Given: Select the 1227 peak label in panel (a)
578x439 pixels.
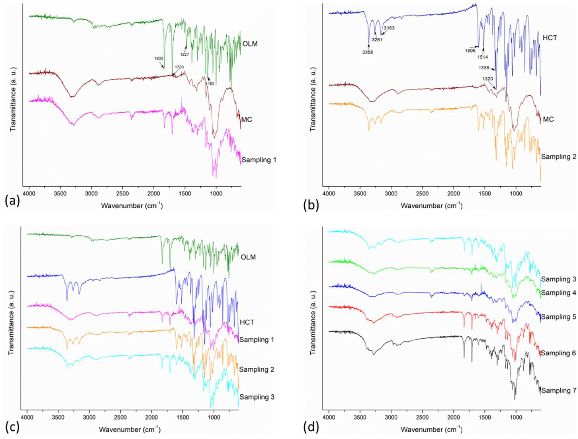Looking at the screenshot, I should click(184, 54).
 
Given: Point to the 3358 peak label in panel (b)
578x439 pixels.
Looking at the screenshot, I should click(368, 52).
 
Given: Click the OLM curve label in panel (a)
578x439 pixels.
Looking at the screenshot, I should click(250, 44).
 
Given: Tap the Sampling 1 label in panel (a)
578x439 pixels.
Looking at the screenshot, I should click(259, 160).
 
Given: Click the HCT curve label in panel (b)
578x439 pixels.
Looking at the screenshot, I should click(550, 38).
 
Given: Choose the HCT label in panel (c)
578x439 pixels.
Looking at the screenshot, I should click(247, 322).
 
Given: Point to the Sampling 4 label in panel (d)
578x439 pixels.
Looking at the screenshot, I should click(559, 293).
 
